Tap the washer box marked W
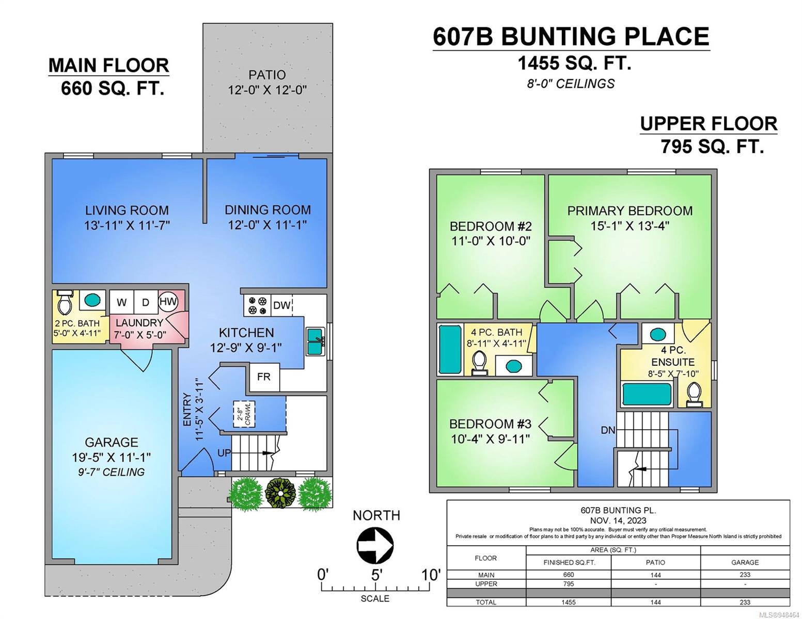point(121,302)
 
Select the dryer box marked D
point(146,302)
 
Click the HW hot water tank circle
point(168,301)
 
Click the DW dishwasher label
point(281,305)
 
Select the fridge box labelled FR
point(264,377)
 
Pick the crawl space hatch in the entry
point(244,414)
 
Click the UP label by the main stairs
point(224,453)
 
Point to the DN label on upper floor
point(608,430)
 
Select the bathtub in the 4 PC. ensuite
point(647,394)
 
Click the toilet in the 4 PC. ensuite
point(694,394)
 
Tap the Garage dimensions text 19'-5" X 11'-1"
point(112,457)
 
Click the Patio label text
point(267,75)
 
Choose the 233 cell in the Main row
point(745,575)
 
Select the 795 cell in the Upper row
point(569,583)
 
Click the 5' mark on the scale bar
point(375,575)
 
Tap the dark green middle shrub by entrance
point(280,493)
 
